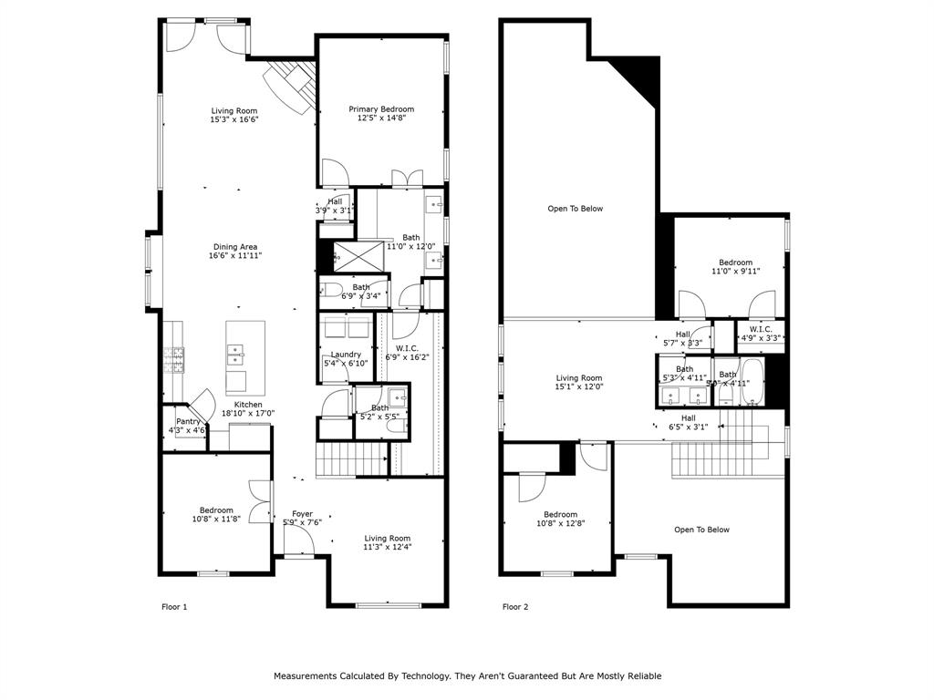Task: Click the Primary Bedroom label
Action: pyautogui.click(x=381, y=109)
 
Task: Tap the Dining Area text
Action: pyautogui.click(x=235, y=247)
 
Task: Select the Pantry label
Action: pyautogui.click(x=189, y=421)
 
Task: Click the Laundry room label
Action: pyautogui.click(x=346, y=355)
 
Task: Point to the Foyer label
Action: pyautogui.click(x=302, y=514)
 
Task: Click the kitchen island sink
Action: pyautogui.click(x=236, y=349)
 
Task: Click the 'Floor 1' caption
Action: pyautogui.click(x=174, y=606)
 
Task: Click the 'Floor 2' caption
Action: pyautogui.click(x=516, y=606)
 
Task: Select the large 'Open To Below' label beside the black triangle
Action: pyautogui.click(x=575, y=209)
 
